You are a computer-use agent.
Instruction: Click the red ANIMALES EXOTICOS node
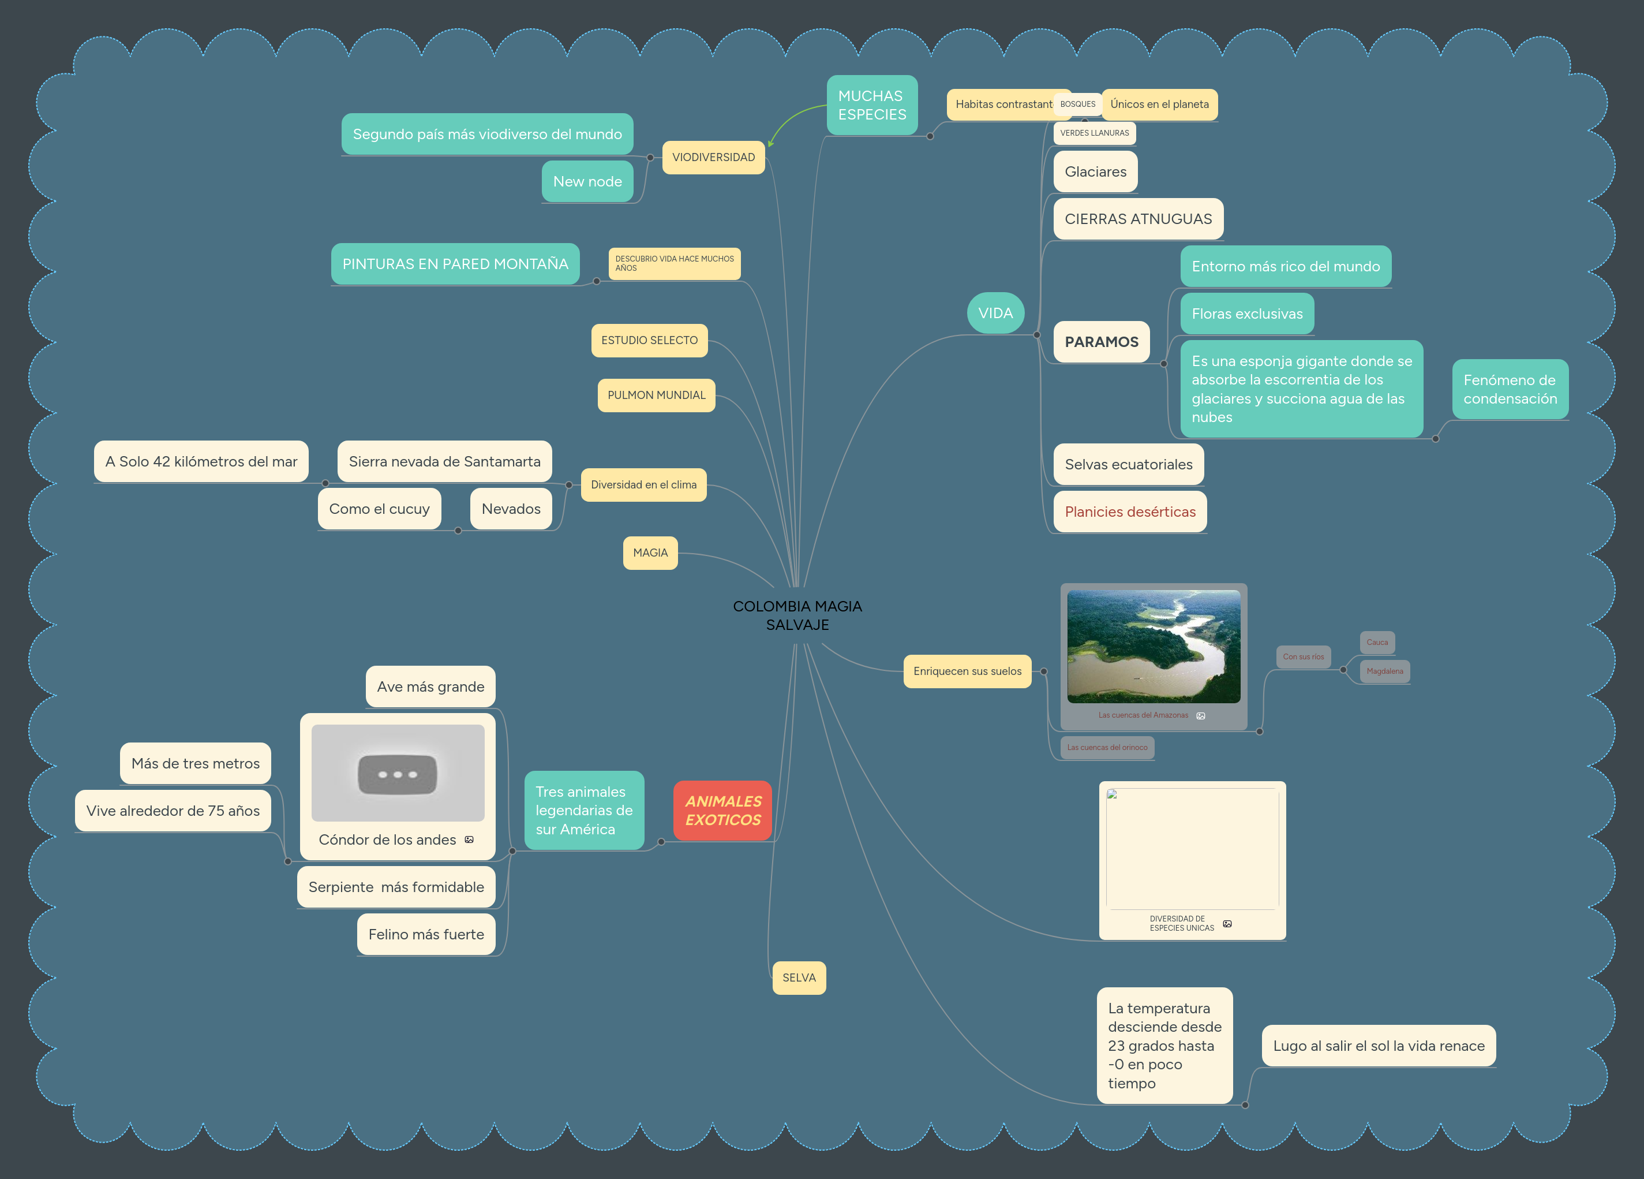pos(722,811)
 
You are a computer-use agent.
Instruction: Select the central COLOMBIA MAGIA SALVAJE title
pos(797,615)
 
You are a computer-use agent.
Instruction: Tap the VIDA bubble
pos(995,314)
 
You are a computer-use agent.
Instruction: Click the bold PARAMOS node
pos(1101,342)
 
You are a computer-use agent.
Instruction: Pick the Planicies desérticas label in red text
pos(1129,512)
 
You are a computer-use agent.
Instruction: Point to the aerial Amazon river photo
pos(1154,646)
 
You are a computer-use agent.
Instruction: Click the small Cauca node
pos(1376,643)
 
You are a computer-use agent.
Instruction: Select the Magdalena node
pos(1384,671)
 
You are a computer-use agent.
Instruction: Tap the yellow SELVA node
pos(799,977)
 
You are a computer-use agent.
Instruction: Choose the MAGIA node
pos(650,553)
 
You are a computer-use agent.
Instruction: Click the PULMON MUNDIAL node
pos(656,395)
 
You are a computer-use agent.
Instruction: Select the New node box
pos(587,182)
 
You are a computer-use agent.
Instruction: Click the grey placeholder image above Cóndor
pos(397,773)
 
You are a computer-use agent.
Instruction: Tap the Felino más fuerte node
pos(425,935)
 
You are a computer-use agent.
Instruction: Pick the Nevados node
pos(511,509)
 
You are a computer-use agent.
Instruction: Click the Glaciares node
pos(1095,172)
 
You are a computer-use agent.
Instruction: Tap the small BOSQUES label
pos(1078,105)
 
